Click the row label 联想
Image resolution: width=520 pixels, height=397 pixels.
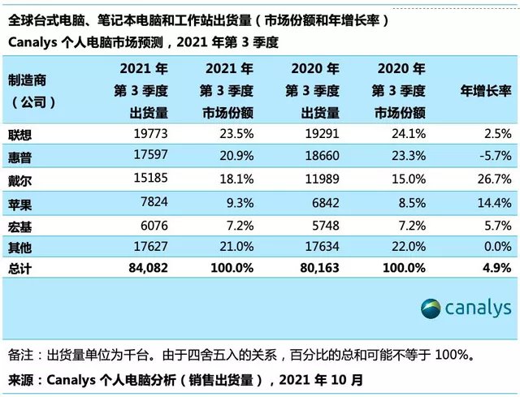21,133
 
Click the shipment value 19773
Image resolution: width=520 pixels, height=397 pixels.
149,133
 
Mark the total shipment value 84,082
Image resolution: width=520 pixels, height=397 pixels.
143,266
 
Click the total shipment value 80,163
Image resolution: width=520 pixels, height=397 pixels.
316,266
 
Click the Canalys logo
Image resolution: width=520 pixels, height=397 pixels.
466,308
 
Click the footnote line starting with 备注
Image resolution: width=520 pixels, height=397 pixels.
252,354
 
